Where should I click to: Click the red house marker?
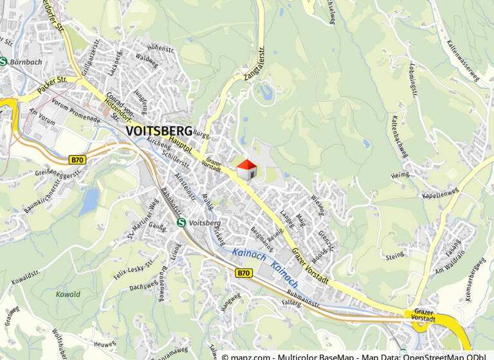tap(247, 170)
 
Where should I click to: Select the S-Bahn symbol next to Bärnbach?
tap(5, 62)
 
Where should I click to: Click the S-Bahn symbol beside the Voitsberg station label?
tap(182, 222)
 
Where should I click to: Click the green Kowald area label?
tap(68, 294)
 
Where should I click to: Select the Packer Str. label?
tap(51, 87)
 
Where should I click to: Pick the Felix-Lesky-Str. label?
tap(134, 271)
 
